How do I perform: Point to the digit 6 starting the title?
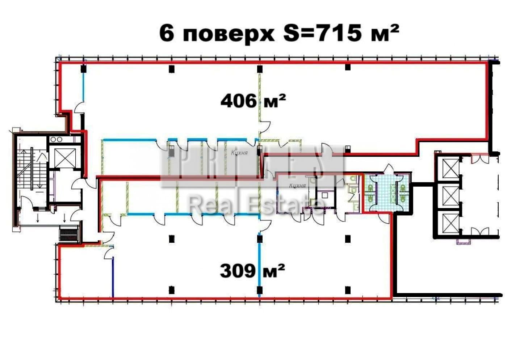pyautogui.click(x=166, y=34)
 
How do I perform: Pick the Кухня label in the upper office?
pyautogui.click(x=239, y=153)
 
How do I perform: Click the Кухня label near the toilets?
pyautogui.click(x=297, y=186)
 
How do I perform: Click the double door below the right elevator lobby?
pyautogui.click(x=480, y=232)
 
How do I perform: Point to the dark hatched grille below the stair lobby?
pyautogui.click(x=69, y=234)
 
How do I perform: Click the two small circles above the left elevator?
pyautogui.click(x=56, y=139)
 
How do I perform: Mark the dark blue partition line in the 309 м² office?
pyautogui.click(x=113, y=277)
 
